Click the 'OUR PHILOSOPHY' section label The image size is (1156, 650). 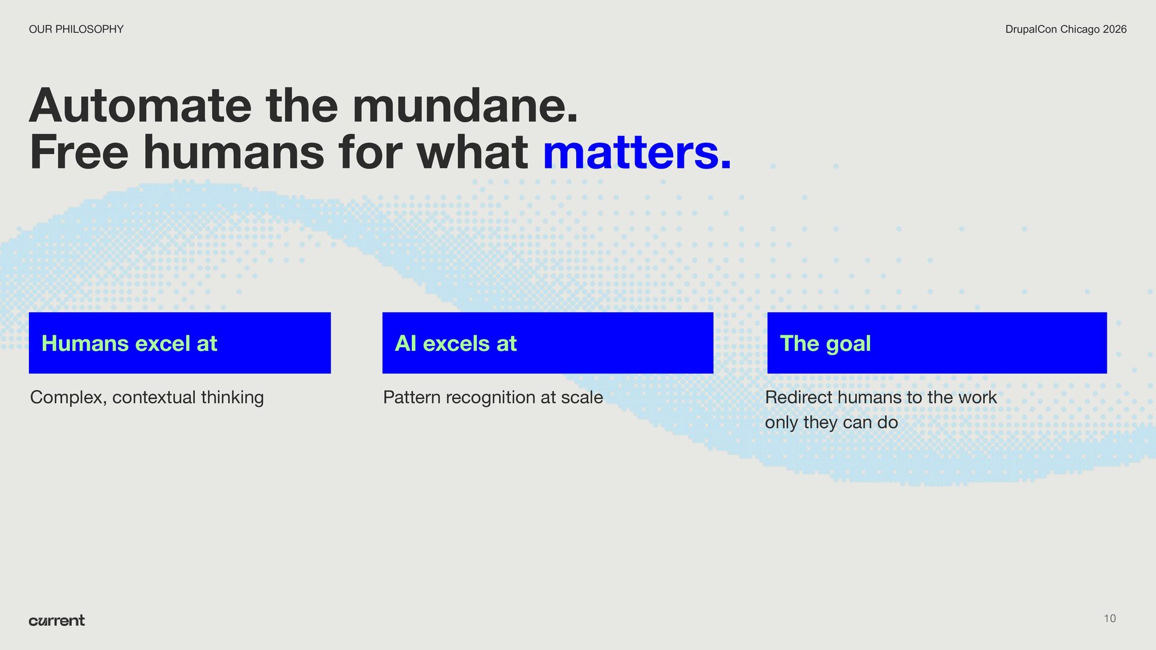(x=76, y=29)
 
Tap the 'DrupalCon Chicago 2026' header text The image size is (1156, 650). (x=1066, y=29)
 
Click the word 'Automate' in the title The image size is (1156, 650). (x=140, y=105)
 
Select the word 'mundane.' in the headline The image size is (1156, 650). (x=465, y=105)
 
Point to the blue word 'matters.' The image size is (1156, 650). (x=637, y=152)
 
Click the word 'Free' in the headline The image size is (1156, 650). (x=79, y=152)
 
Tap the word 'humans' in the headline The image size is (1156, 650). (x=234, y=152)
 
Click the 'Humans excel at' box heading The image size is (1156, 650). (x=129, y=343)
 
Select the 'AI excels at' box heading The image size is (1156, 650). (x=456, y=343)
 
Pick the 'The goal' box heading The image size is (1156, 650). (x=825, y=343)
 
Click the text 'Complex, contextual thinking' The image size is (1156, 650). (x=147, y=397)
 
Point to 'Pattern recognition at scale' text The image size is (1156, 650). (x=493, y=397)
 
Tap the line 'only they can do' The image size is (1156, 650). (x=831, y=422)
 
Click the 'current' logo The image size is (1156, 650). (x=57, y=621)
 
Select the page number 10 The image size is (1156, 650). (x=1110, y=618)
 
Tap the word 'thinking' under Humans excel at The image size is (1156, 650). (x=232, y=398)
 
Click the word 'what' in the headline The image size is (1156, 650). (x=473, y=152)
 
